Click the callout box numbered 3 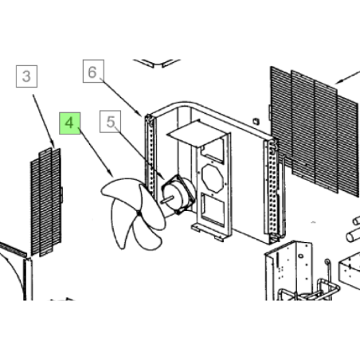(26, 76)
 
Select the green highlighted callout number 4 (69, 123)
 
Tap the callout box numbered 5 (111, 122)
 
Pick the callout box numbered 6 (93, 71)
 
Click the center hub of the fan (139, 213)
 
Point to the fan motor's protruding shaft (166, 200)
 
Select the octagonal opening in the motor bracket (213, 178)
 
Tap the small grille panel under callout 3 (46, 202)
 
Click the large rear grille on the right (315, 131)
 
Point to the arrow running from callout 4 (96, 152)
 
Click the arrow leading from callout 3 (44, 121)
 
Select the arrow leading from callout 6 (121, 97)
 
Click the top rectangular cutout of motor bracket (213, 151)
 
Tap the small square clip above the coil (256, 121)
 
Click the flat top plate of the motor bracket (196, 133)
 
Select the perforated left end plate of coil (151, 155)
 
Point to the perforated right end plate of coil (272, 190)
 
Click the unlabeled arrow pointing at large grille (347, 77)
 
